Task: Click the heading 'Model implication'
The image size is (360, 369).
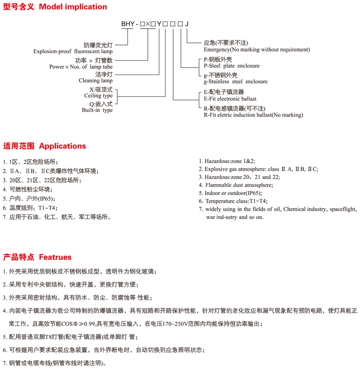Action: pos(72,7)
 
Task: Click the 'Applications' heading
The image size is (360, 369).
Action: pos(62,146)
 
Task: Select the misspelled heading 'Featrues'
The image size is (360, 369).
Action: pos(55,257)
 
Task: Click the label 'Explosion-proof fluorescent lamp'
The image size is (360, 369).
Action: pos(73,51)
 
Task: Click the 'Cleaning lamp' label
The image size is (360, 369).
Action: pos(96,80)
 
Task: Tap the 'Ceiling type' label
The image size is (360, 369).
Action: pos(98,95)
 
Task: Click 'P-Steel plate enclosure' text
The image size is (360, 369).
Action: pos(231,66)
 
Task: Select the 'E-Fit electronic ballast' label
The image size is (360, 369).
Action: pos(230,99)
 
